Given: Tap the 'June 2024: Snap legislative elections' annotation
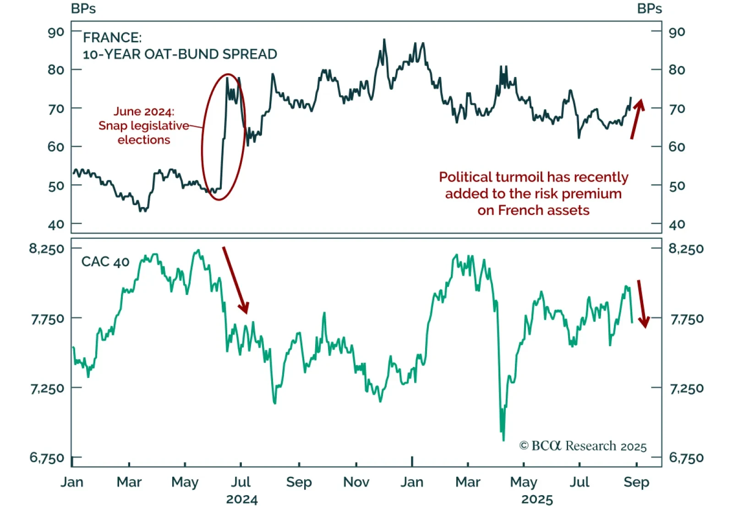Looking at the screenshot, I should pyautogui.click(x=144, y=126).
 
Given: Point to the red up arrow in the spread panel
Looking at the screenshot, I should pyautogui.click(x=637, y=119).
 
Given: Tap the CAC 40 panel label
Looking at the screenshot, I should pyautogui.click(x=105, y=262).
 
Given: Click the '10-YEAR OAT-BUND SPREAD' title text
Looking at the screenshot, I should pyautogui.click(x=180, y=54).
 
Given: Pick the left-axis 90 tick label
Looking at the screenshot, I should pyautogui.click(x=56, y=32).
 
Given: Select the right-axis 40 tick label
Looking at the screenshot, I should pyautogui.click(x=677, y=224).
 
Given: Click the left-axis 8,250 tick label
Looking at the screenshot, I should pyautogui.click(x=47, y=249).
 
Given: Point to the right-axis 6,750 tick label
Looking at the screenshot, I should pyautogui.click(x=686, y=458).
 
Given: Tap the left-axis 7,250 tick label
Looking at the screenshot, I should pyautogui.click(x=47, y=388).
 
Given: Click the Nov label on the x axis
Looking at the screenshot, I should pyautogui.click(x=356, y=482).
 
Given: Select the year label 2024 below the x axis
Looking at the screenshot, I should pyautogui.click(x=242, y=499).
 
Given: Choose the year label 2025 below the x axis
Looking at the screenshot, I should pyautogui.click(x=537, y=499).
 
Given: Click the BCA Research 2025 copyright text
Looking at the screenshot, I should pyautogui.click(x=583, y=446).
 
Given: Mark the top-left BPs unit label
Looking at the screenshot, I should pyautogui.click(x=83, y=9).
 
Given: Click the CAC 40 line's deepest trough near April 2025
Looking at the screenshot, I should pyautogui.click(x=503, y=440).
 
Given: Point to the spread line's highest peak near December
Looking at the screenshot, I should pyautogui.click(x=384, y=40).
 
